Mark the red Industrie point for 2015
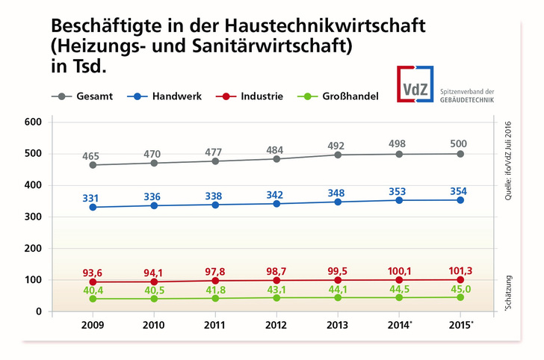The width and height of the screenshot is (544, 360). pos(460,279)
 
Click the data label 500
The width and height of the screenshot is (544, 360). pos(460,141)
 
